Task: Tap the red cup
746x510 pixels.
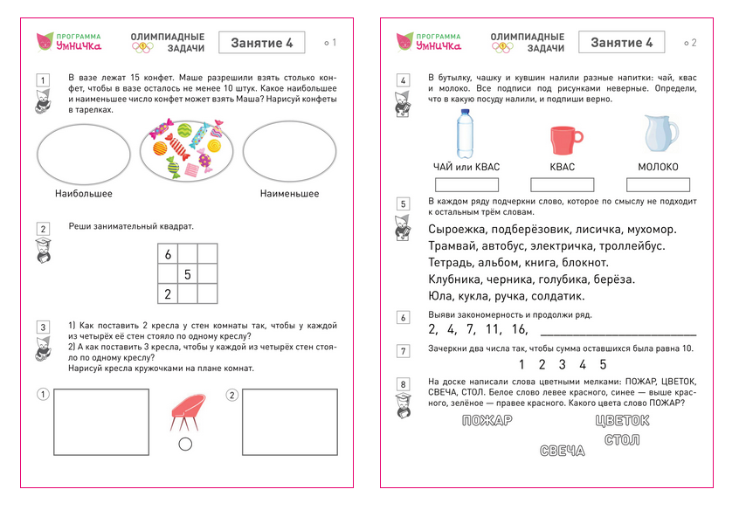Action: click(563, 139)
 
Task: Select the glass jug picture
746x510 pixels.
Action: click(660, 134)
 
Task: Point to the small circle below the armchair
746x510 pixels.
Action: click(184, 445)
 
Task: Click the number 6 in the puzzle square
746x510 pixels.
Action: click(168, 255)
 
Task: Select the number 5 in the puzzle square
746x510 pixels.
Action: click(187, 274)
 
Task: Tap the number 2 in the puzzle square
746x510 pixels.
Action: click(168, 293)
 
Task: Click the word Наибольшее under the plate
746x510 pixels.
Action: click(83, 194)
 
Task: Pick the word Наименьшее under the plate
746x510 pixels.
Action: click(289, 194)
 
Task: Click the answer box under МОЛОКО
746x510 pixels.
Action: click(658, 184)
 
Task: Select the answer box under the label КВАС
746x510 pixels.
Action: click(563, 184)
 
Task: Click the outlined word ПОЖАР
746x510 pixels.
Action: click(486, 420)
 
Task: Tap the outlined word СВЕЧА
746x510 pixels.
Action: click(562, 451)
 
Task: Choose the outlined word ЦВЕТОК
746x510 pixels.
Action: click(622, 420)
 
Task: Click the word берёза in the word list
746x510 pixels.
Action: click(611, 279)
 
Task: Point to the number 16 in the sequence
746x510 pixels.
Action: click(520, 330)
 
